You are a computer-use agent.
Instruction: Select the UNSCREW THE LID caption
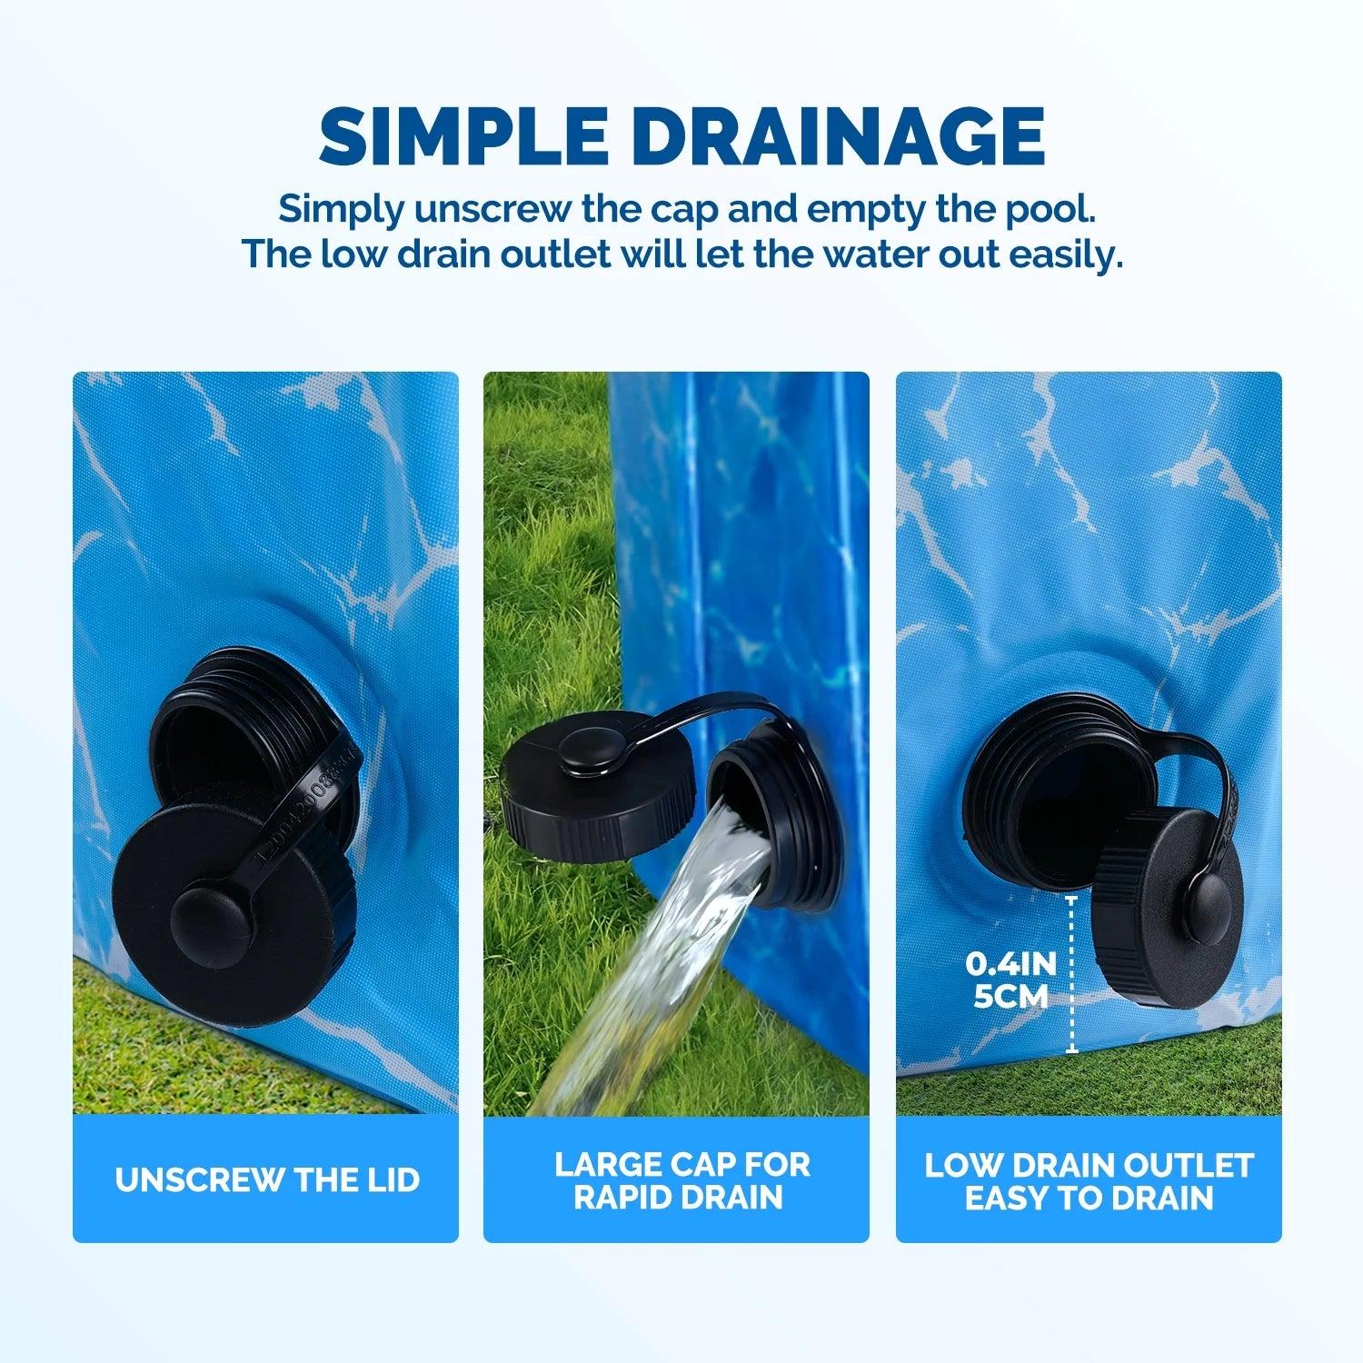pos(267,1179)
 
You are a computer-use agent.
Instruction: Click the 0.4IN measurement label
pos(1010,962)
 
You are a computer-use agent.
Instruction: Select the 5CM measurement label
pos(1010,997)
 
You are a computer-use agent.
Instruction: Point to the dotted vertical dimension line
pos(1072,974)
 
